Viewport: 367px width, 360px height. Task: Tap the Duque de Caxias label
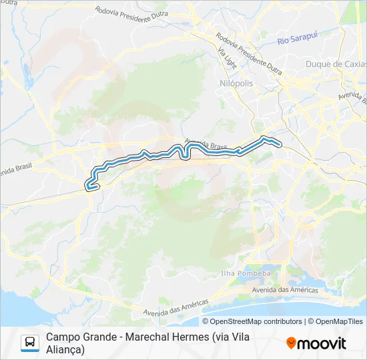coord(336,64)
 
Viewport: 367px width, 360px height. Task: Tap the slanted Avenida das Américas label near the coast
coord(175,307)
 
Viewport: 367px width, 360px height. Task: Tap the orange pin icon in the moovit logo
coord(291,343)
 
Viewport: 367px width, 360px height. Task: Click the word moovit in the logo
coord(322,343)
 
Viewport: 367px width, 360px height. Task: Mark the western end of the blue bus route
coord(87,186)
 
